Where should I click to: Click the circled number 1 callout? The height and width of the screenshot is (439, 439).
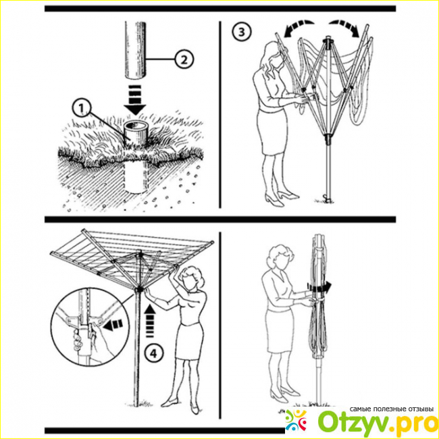pyautogui.click(x=81, y=109)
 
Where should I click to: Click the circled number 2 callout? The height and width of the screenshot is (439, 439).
pyautogui.click(x=184, y=59)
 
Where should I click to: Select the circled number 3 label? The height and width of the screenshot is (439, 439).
pyautogui.click(x=241, y=32)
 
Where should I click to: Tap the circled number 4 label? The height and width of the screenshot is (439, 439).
pyautogui.click(x=153, y=353)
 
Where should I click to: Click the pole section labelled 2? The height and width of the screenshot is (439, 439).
pyautogui.click(x=135, y=51)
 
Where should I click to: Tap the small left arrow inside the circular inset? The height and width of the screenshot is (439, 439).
pyautogui.click(x=113, y=325)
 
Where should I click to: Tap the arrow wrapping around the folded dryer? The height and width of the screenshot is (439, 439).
pyautogui.click(x=319, y=288)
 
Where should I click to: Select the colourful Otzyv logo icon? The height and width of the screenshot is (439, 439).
pyautogui.click(x=296, y=420)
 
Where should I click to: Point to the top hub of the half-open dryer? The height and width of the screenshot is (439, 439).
pyautogui.click(x=328, y=41)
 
